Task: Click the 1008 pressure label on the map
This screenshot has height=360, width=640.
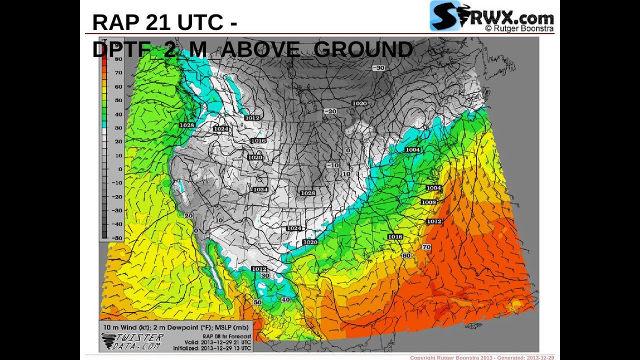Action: coord(428,202)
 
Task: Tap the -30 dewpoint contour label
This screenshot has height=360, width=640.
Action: coord(378,68)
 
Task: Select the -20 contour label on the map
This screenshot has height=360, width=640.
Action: coord(330,111)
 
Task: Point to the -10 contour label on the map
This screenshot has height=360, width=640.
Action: coord(332,165)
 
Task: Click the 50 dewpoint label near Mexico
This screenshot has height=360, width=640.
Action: coord(257,302)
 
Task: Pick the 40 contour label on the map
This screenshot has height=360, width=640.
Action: coord(285,299)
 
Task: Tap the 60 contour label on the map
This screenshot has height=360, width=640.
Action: coord(406,255)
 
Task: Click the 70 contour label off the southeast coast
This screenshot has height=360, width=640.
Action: coord(426,247)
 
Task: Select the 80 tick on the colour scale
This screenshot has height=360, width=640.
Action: coord(118,59)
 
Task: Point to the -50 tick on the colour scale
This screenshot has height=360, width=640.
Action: coord(118,238)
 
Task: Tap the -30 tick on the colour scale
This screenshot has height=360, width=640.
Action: coord(118,210)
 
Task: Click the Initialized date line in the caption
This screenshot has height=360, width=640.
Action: coord(212,348)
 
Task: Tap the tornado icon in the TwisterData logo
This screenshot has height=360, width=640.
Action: coord(107,341)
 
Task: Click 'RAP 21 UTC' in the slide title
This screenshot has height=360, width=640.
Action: coord(157,22)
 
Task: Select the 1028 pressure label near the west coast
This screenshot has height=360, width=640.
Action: coord(186,125)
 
